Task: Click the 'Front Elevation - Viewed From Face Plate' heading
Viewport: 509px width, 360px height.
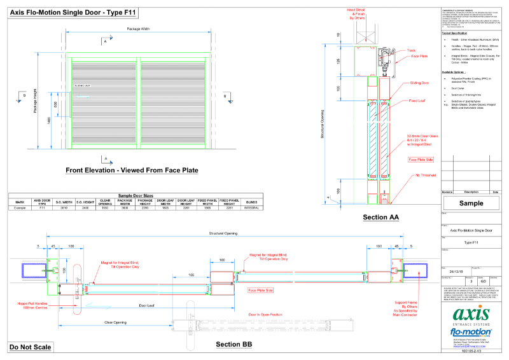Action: point(132,170)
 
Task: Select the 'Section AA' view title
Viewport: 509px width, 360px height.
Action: point(380,218)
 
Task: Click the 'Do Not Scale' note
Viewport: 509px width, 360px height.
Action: point(31,347)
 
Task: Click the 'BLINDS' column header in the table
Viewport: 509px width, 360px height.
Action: point(251,202)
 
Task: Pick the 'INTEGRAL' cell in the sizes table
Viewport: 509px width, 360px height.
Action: point(251,208)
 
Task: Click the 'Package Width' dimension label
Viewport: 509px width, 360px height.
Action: point(139,30)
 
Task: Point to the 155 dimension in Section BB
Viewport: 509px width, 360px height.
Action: point(190,275)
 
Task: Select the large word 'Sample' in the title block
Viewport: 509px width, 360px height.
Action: point(471,204)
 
